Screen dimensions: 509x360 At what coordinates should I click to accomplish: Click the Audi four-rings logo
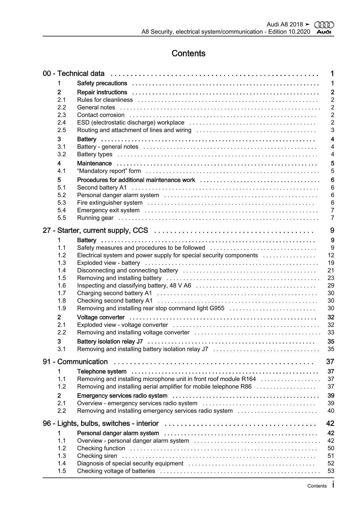(x=324, y=25)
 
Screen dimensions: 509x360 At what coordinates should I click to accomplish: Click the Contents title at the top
(x=188, y=53)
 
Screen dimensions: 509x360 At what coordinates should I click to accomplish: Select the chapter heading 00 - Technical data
(x=74, y=74)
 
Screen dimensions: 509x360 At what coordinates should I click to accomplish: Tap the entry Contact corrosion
(x=101, y=115)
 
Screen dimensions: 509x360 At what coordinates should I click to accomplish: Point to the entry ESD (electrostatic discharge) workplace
(x=131, y=123)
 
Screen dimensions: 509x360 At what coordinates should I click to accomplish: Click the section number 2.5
(x=62, y=130)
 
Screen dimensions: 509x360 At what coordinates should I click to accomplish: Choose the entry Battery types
(x=95, y=154)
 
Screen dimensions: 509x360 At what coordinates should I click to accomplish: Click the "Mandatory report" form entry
(x=109, y=171)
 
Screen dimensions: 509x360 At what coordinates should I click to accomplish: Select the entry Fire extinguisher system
(x=110, y=203)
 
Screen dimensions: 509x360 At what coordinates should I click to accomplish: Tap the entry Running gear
(x=95, y=218)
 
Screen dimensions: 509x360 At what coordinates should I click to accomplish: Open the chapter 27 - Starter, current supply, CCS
(x=96, y=231)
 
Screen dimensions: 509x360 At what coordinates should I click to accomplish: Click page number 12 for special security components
(x=331, y=255)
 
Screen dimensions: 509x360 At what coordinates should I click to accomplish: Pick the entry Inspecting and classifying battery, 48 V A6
(x=134, y=285)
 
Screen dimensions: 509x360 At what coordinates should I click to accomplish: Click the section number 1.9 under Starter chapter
(x=62, y=308)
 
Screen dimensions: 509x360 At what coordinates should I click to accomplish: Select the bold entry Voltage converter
(x=101, y=317)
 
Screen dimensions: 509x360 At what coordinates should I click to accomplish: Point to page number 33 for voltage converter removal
(x=331, y=332)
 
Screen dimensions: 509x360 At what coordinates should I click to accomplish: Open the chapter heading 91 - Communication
(x=75, y=362)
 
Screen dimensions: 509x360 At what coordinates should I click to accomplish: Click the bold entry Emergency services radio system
(x=122, y=396)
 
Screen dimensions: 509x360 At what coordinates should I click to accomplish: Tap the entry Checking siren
(x=97, y=456)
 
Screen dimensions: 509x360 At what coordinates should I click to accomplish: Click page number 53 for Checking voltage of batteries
(x=331, y=471)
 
